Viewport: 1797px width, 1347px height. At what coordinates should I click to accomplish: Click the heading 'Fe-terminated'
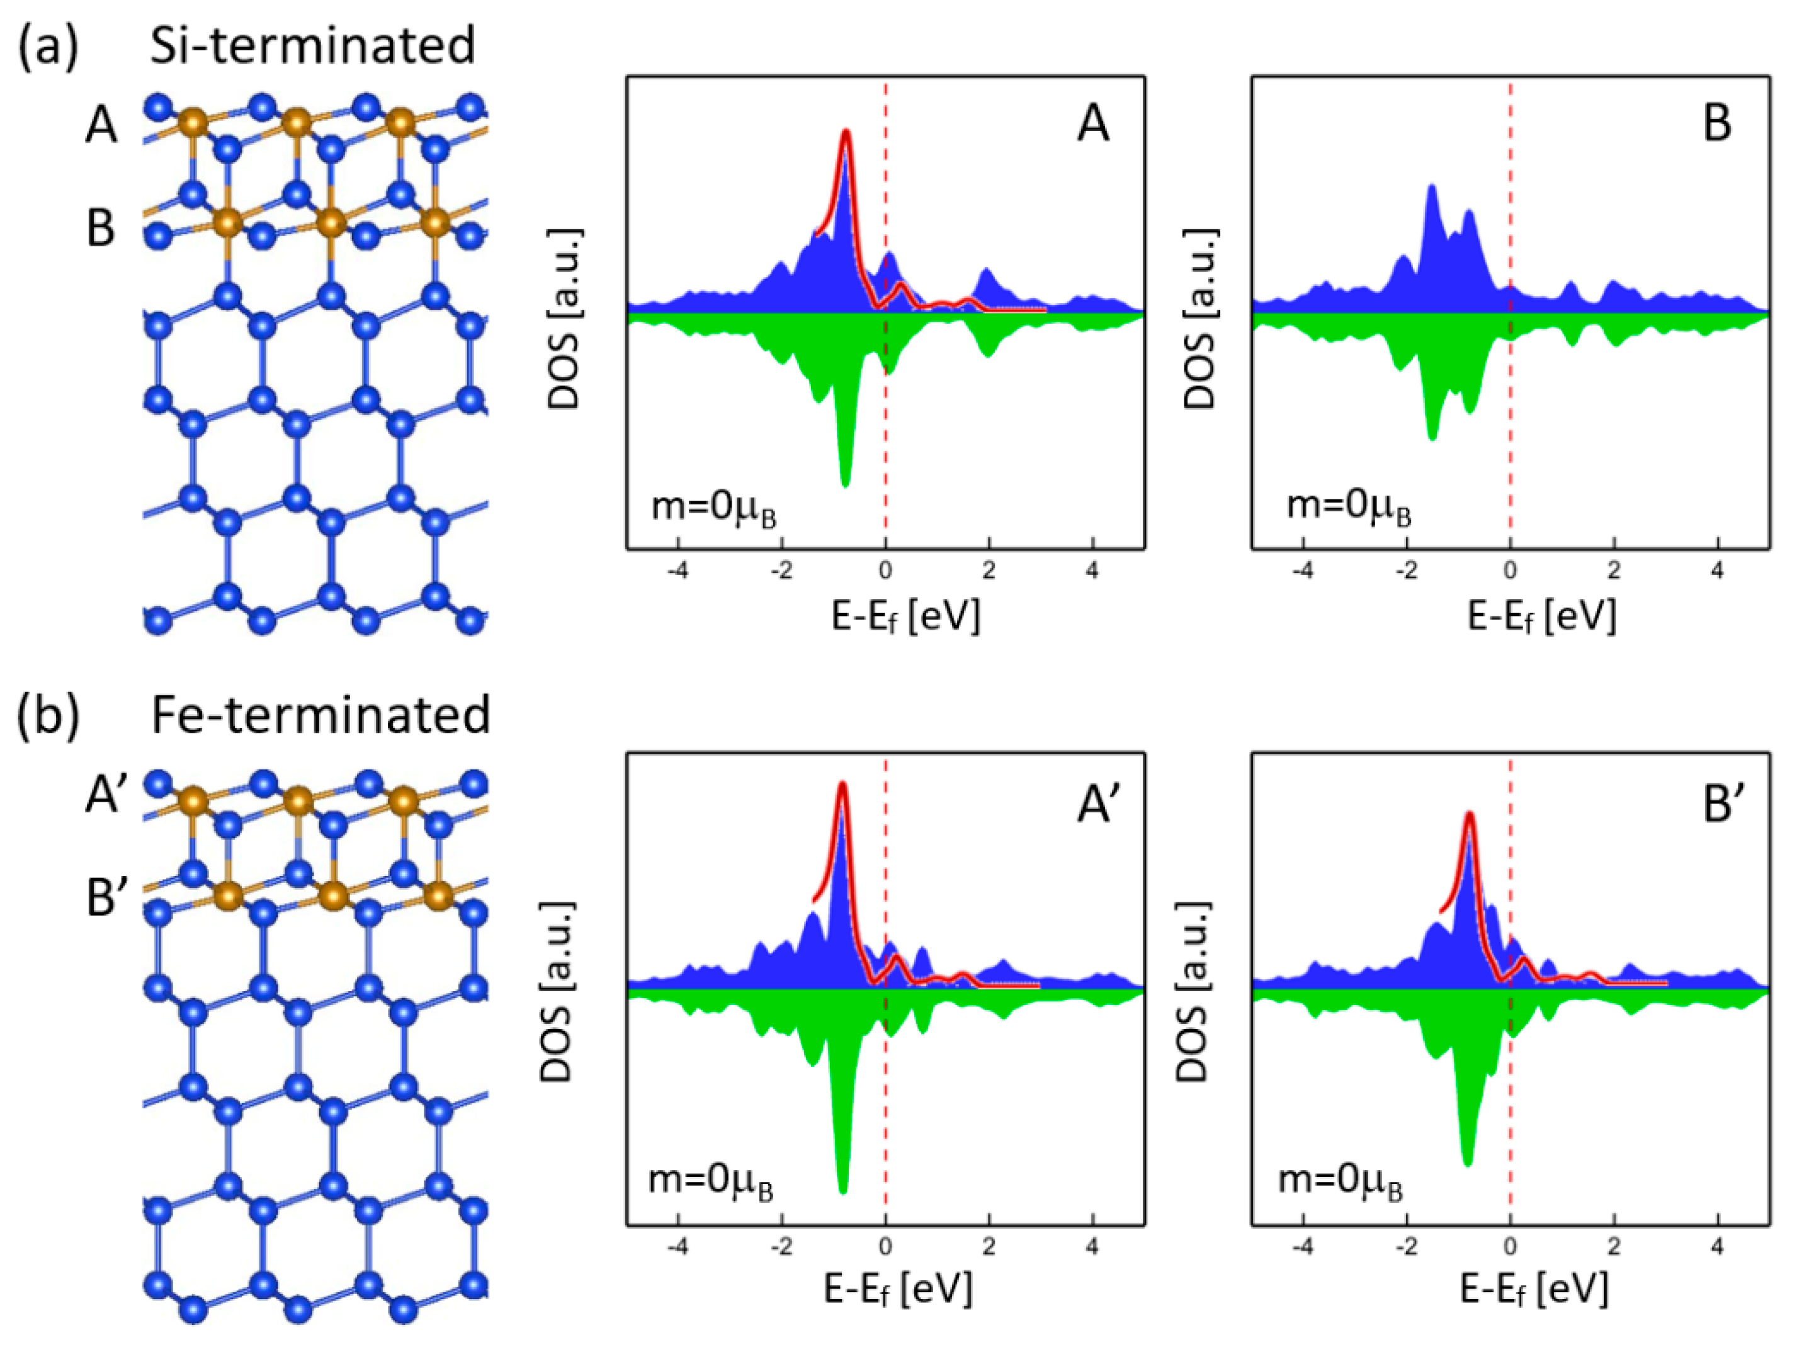[x=321, y=715]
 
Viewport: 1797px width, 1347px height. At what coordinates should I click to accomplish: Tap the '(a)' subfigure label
[x=48, y=47]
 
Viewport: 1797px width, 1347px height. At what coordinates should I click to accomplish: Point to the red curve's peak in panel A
[x=846, y=132]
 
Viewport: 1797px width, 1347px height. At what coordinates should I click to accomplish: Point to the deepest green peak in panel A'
[x=842, y=1190]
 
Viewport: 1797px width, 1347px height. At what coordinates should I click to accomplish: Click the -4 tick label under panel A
[x=677, y=571]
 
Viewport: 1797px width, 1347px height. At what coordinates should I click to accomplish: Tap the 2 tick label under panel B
[x=1613, y=571]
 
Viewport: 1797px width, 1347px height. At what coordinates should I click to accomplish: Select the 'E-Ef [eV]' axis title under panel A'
[x=898, y=1288]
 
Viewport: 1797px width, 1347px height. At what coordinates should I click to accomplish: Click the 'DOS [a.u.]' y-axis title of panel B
[x=1201, y=319]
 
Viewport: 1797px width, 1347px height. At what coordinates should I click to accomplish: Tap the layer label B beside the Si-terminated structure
[x=100, y=229]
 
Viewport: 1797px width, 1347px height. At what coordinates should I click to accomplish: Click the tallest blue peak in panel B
[x=1431, y=188]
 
